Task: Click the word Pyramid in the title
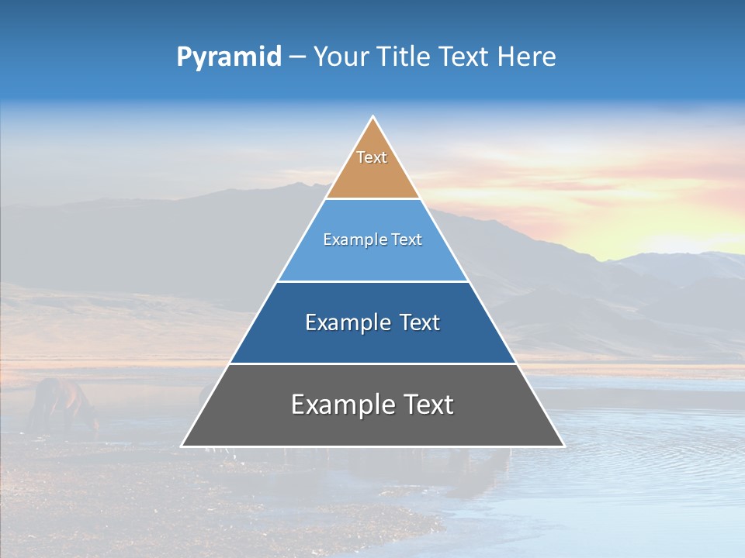click(229, 57)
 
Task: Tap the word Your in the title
click(340, 57)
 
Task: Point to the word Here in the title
click(527, 57)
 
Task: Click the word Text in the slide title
click(466, 57)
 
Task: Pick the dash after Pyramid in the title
click(297, 57)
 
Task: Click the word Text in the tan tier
click(372, 157)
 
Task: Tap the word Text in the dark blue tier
click(420, 322)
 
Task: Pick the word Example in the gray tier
click(341, 405)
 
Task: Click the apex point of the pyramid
click(372, 118)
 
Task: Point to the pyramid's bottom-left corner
click(182, 446)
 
